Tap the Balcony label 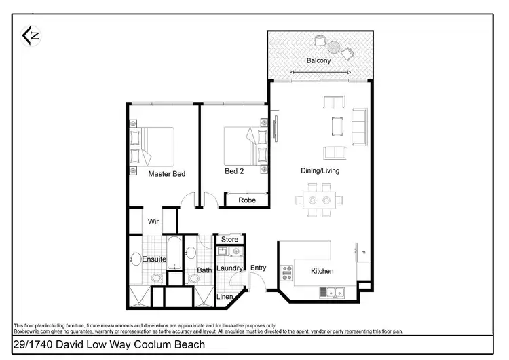coord(318,61)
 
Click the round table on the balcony coord(335,47)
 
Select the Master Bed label coord(166,174)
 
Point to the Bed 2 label coord(234,171)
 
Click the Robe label coord(246,200)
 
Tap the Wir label coord(154,221)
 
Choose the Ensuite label coord(154,259)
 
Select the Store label coord(230,239)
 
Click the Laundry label coord(229,268)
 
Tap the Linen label coord(225,297)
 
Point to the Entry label coord(258,268)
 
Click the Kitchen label coord(322,271)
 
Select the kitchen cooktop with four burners coord(286,272)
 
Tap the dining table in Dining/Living coord(318,201)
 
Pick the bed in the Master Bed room coord(156,145)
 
